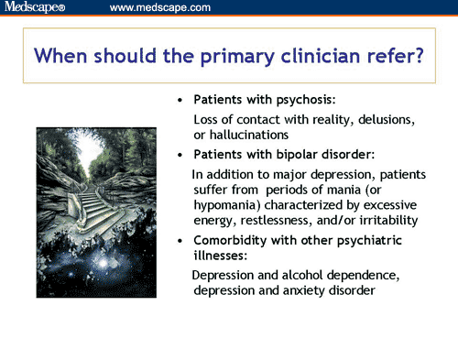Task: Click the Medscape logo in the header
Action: click(x=35, y=7)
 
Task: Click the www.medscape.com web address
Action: click(x=159, y=7)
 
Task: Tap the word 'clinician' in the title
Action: click(x=308, y=56)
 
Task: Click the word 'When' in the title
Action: click(x=65, y=56)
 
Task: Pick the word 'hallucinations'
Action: click(x=251, y=136)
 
